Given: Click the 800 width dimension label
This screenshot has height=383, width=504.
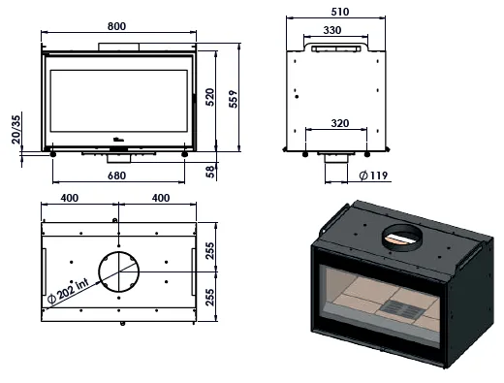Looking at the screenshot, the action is point(116,26).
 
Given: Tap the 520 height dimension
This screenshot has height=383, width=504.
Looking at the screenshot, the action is point(209,97).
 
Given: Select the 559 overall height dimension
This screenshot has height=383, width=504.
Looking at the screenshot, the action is point(233,99).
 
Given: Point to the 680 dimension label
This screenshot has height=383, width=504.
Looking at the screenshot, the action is point(116,176).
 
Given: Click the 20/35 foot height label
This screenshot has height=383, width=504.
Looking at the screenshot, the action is point(16,129).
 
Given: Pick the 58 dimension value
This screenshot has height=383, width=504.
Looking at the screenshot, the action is point(210,172).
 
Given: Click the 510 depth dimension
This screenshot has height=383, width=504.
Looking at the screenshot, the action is point(340,12).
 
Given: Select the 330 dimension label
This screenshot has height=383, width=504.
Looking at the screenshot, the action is point(332,30).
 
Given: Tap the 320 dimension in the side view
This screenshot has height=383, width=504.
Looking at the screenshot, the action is point(340,123).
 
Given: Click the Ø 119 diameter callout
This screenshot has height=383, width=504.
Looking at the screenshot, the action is point(373,176).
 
